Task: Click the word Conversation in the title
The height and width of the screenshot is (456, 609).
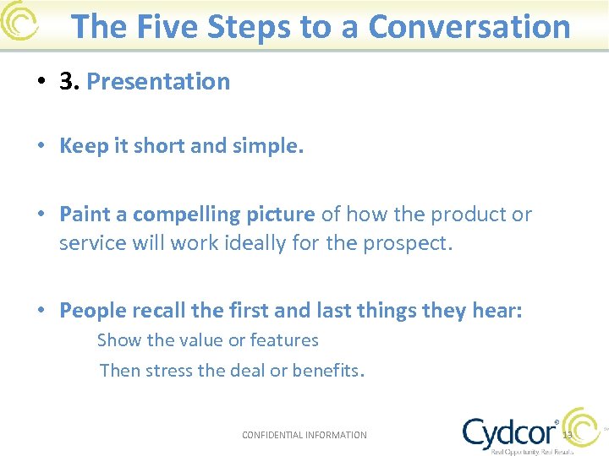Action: (469, 27)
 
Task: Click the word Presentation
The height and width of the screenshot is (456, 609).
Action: (158, 82)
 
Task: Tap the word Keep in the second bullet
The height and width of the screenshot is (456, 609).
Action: (83, 147)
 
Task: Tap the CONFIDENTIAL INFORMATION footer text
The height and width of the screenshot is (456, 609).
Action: (304, 435)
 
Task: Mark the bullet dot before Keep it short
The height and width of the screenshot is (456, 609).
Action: (41, 147)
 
